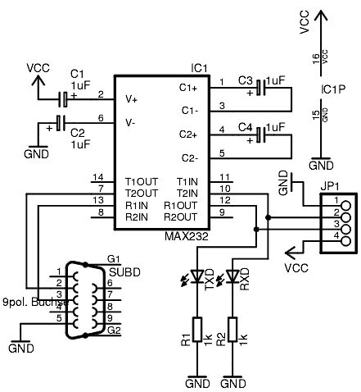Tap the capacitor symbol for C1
pos(63,98)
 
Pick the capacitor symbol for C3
pos(260,85)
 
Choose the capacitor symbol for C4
pos(260,133)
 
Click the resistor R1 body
pos(195,330)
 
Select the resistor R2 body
pos(234,330)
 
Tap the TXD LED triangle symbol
pos(195,276)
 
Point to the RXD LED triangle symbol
pos(234,276)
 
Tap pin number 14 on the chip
pos(98,178)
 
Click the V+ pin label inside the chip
pos(131,98)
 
